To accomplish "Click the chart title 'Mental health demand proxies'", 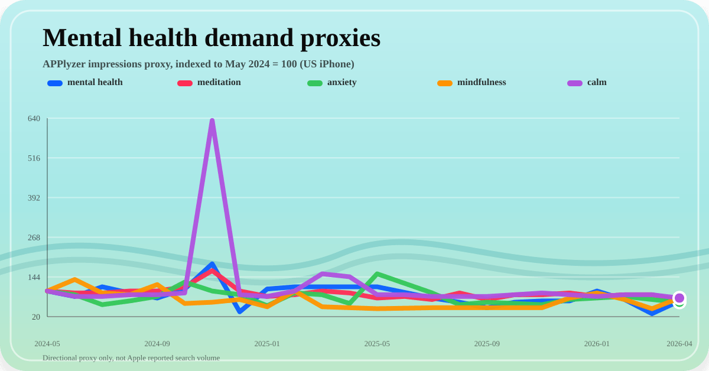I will pyautogui.click(x=212, y=38).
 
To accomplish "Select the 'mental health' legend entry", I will pyautogui.click(x=95, y=83).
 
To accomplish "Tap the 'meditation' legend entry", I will pyautogui.click(x=219, y=83).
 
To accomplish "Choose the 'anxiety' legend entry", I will pyautogui.click(x=342, y=83).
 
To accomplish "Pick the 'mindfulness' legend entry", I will pyautogui.click(x=481, y=83).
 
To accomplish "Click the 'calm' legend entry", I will pyautogui.click(x=596, y=83).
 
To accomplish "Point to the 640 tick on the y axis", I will pyautogui.click(x=34, y=119).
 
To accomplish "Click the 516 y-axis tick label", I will pyautogui.click(x=34, y=158).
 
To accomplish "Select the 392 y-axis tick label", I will pyautogui.click(x=34, y=198).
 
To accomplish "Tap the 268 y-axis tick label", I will pyautogui.click(x=34, y=237).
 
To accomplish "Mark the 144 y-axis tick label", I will pyautogui.click(x=34, y=277).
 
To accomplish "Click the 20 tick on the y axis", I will pyautogui.click(x=35, y=317).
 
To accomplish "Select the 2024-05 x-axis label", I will pyautogui.click(x=47, y=344).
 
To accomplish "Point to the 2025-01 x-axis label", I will pyautogui.click(x=267, y=344).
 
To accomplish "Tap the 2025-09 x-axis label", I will pyautogui.click(x=487, y=344).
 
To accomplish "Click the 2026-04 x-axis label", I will pyautogui.click(x=679, y=344).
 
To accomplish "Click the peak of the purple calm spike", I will pyautogui.click(x=212, y=121).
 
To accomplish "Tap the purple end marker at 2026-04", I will pyautogui.click(x=679, y=298).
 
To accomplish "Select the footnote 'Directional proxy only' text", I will pyautogui.click(x=131, y=358).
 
